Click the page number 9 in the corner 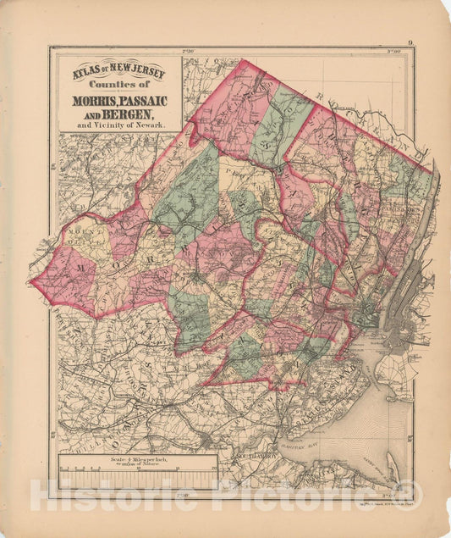click(x=410, y=42)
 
